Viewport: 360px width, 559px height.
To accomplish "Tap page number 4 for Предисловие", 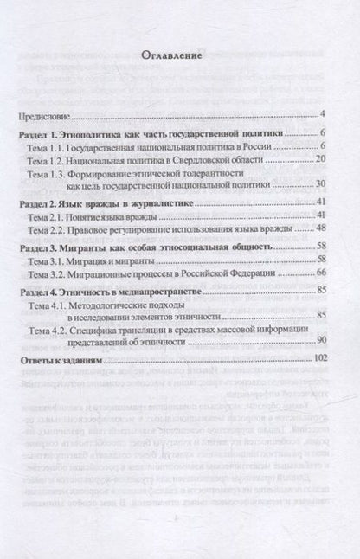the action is point(321,115).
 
